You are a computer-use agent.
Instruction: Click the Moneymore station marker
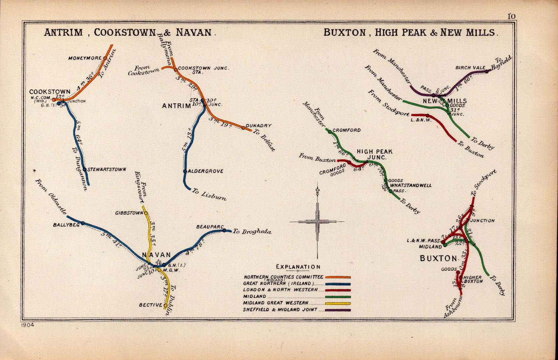(105, 58)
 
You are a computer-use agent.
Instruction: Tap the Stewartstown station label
(106, 170)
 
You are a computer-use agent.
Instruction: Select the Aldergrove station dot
(185, 171)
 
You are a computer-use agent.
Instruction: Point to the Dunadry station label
(258, 126)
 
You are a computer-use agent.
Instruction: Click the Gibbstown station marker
(146, 213)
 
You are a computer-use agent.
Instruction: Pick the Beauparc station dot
(224, 230)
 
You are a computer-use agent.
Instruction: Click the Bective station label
(151, 305)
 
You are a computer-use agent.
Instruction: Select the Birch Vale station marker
(487, 72)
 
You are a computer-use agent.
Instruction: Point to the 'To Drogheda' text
(252, 232)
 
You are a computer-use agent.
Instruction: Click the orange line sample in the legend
(338, 277)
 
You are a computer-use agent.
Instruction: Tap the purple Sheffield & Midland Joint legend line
(338, 310)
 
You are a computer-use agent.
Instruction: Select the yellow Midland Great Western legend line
(338, 303)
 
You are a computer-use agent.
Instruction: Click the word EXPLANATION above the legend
(298, 267)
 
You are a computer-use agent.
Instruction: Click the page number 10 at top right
(511, 16)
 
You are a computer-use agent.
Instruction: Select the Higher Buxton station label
(473, 279)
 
